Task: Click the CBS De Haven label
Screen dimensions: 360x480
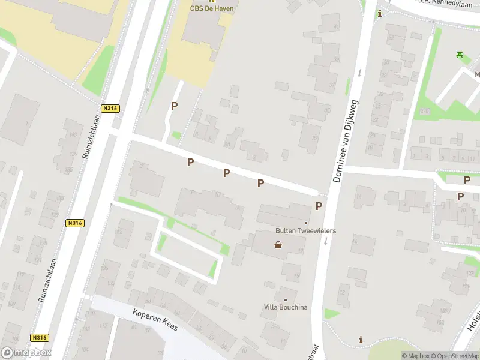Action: pos(212,8)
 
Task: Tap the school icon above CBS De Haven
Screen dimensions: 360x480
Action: pos(212,1)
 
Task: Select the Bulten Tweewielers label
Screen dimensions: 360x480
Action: pos(305,231)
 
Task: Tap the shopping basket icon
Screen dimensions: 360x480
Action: pos(278,244)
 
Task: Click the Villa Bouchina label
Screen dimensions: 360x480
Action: pos(286,307)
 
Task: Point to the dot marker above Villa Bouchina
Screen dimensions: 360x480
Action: pos(286,299)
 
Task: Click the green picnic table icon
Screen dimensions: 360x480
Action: pos(460,55)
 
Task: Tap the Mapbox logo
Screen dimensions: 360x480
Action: pos(26,352)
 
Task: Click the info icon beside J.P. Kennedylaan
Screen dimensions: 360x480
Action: pos(379,14)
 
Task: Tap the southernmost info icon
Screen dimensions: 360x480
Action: pos(361,340)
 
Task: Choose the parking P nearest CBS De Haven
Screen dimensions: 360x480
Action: pos(175,106)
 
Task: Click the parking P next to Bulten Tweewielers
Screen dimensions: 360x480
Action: pos(319,206)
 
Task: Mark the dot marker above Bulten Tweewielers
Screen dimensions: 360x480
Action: pos(306,223)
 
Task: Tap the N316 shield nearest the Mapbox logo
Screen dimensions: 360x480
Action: pos(40,337)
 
